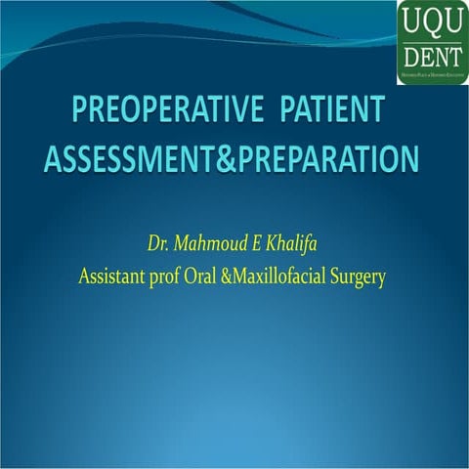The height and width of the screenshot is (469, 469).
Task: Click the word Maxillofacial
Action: point(293,276)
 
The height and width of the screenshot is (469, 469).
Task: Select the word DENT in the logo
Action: point(432,52)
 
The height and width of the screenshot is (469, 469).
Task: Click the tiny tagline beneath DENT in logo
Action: point(432,73)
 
